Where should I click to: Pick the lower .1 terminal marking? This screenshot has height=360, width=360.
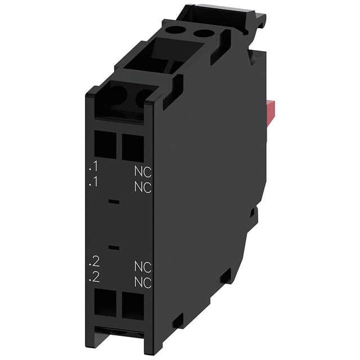tap(93, 183)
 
